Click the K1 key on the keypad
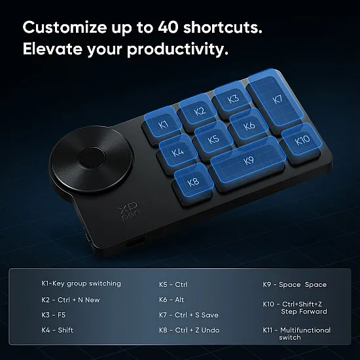tap(164, 124)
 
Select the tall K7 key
tap(276, 100)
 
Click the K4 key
tap(177, 153)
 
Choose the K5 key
tap(213, 139)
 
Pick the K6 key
tap(249, 126)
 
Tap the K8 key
tap(193, 182)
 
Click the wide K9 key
tap(248, 161)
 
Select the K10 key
tap(302, 140)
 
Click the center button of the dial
tap(93, 158)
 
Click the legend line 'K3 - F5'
tap(54, 315)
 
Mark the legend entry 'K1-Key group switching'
tap(81, 284)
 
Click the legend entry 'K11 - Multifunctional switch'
tap(297, 333)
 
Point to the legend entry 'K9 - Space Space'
tap(294, 285)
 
